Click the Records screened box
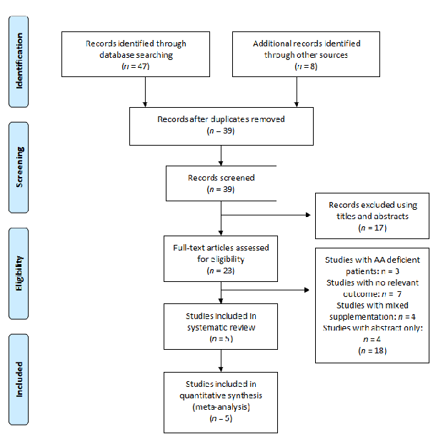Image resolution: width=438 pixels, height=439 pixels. click(x=221, y=183)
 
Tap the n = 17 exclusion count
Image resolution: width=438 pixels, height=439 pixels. click(x=370, y=227)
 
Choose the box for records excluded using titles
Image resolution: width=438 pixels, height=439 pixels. click(x=370, y=216)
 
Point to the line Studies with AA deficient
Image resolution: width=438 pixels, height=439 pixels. click(x=369, y=260)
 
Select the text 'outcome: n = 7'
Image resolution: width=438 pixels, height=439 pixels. click(x=370, y=293)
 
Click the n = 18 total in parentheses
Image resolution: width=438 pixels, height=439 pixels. click(x=369, y=350)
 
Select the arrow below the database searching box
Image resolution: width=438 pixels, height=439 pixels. click(x=146, y=91)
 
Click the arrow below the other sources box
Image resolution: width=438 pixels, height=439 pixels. click(x=296, y=91)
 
